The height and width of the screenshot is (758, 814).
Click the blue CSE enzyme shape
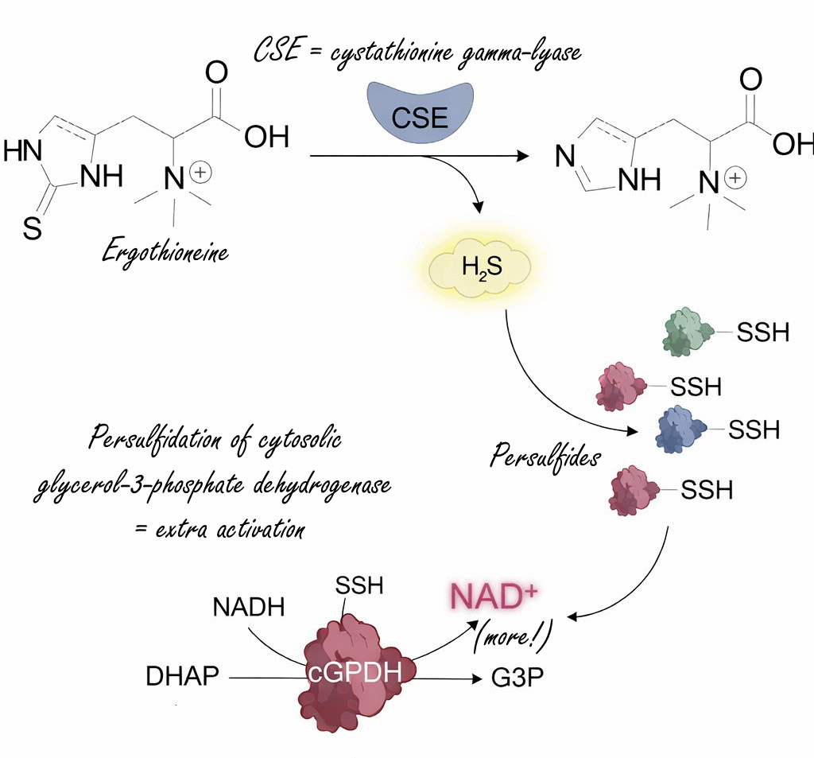click(420, 112)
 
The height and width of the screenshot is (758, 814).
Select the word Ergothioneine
click(165, 253)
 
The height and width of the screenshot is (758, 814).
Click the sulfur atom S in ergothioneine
click(31, 230)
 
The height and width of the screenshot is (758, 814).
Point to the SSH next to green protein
click(762, 332)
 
